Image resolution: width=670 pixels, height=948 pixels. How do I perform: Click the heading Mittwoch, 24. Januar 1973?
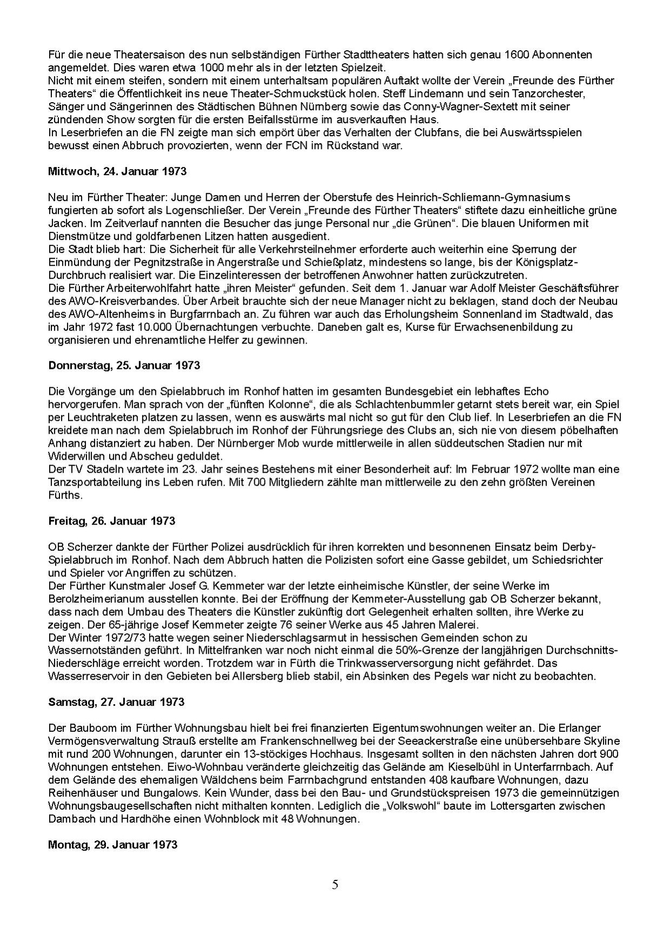pyautogui.click(x=117, y=171)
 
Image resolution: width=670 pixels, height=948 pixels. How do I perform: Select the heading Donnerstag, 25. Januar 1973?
pyautogui.click(x=124, y=365)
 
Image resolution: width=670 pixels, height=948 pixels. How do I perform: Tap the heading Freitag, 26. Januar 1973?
pyautogui.click(x=111, y=521)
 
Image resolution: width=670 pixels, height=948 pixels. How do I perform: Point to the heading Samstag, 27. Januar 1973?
pyautogui.click(x=116, y=702)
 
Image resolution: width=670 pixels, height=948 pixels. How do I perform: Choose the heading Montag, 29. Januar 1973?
pyautogui.click(x=112, y=844)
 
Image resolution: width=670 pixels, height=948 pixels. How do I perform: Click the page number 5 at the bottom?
pyautogui.click(x=335, y=885)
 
